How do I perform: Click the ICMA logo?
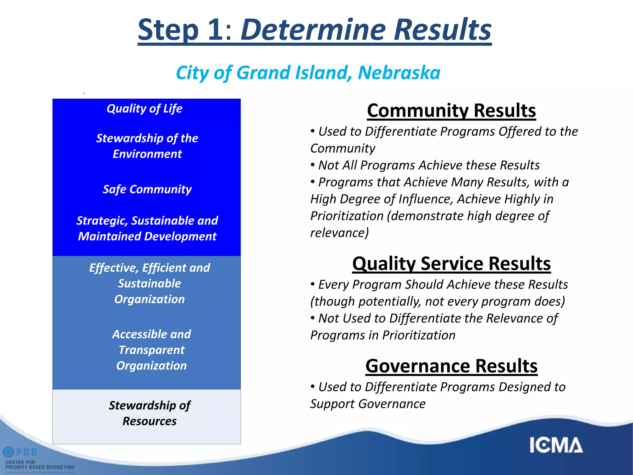pyautogui.click(x=556, y=445)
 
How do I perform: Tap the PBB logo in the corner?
pyautogui.click(x=20, y=452)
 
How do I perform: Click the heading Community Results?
pyautogui.click(x=451, y=110)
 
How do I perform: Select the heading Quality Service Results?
pyautogui.click(x=451, y=263)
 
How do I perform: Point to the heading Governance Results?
pyautogui.click(x=451, y=366)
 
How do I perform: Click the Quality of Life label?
pyautogui.click(x=144, y=109)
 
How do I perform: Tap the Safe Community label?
pyautogui.click(x=147, y=189)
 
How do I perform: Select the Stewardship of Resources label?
pyautogui.click(x=150, y=413)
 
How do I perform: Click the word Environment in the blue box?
pyautogui.click(x=147, y=154)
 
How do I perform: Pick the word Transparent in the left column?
pyautogui.click(x=151, y=350)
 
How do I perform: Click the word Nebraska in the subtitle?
pyautogui.click(x=399, y=73)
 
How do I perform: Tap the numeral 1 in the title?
pyautogui.click(x=215, y=30)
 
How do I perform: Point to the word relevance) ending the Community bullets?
pyautogui.click(x=339, y=233)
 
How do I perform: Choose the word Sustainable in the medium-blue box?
pyautogui.click(x=150, y=284)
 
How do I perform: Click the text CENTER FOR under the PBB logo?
pyautogui.click(x=20, y=462)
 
